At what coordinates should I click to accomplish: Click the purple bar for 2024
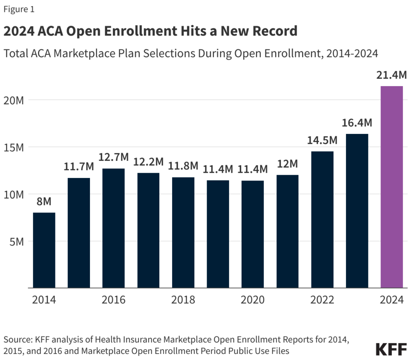[x=391, y=187]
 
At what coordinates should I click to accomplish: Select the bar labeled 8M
[x=44, y=250]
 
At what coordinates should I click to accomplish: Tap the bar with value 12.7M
[x=113, y=228]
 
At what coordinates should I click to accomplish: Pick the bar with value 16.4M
[x=357, y=211]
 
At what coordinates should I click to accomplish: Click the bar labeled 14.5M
[x=322, y=220]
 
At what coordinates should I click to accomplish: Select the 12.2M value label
[x=148, y=162]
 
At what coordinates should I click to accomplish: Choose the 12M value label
[x=287, y=164]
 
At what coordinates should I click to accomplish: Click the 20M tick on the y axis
[x=14, y=100]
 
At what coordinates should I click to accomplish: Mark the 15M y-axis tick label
[x=14, y=147]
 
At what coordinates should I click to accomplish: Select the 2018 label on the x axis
[x=183, y=300]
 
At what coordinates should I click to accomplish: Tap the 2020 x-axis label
[x=252, y=300]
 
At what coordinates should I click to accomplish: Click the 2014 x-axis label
[x=44, y=300]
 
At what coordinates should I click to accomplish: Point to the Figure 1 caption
[x=19, y=10]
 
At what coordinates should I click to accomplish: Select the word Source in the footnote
[x=17, y=340]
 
